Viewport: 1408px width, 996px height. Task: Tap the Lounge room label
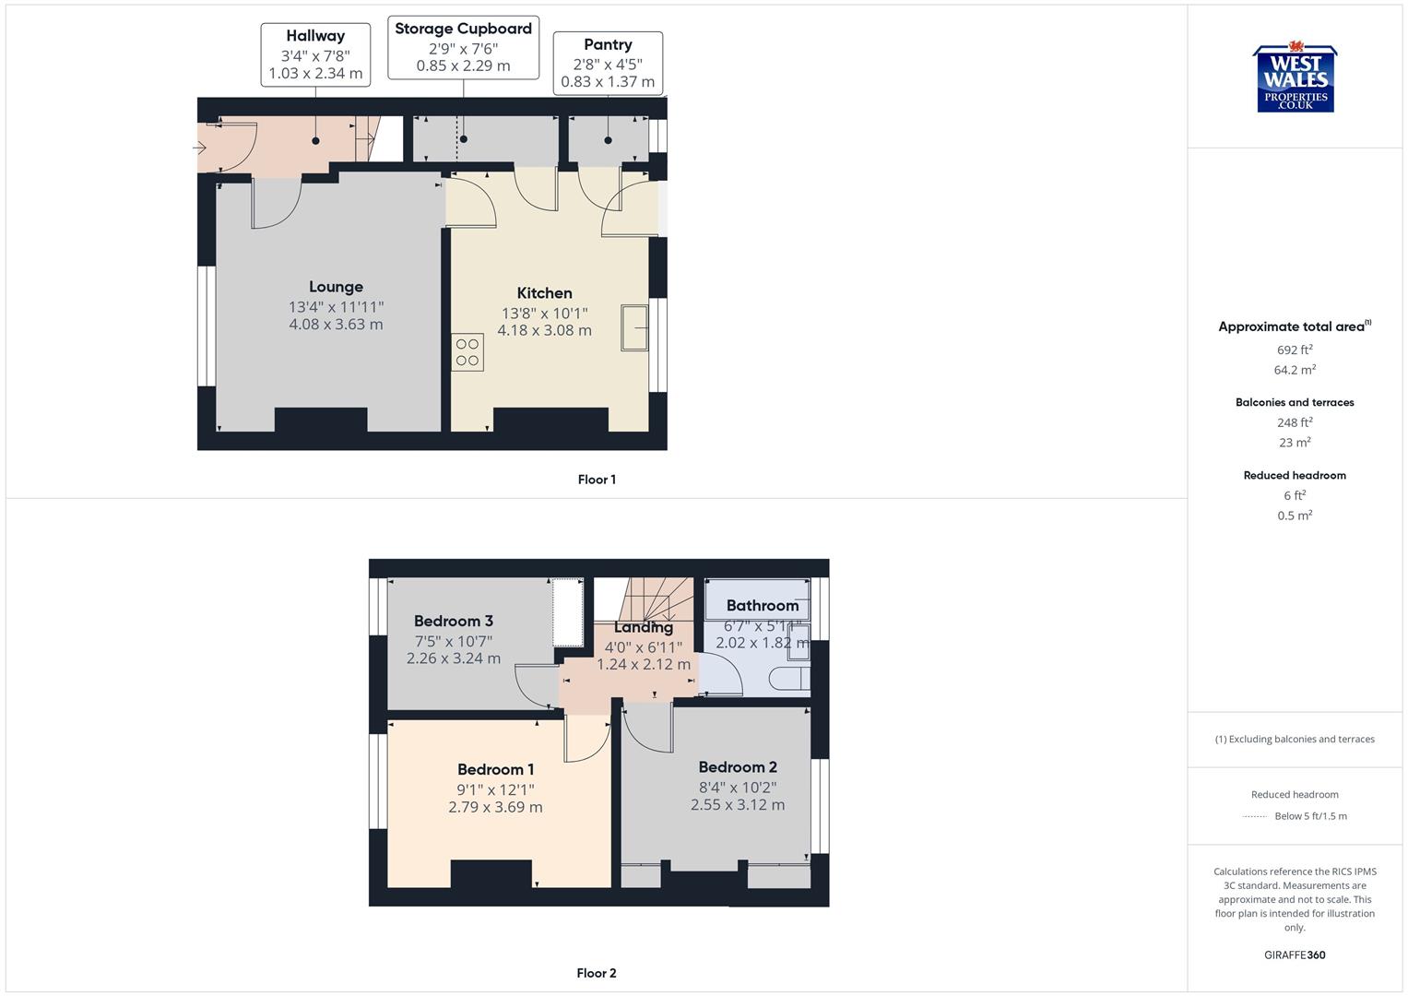pos(336,287)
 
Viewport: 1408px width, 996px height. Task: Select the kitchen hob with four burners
pos(467,352)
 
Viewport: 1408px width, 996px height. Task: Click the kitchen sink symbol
pos(634,327)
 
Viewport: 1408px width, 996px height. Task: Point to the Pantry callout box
pos(608,63)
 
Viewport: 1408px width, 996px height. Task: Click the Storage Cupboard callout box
pos(463,47)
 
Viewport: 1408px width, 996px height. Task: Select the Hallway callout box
pos(315,54)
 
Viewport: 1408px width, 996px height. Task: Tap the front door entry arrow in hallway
pos(202,148)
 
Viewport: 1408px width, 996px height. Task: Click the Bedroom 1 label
pos(495,769)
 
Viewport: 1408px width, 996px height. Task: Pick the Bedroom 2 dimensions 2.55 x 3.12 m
pos(738,804)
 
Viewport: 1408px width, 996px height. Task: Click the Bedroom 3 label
pos(453,621)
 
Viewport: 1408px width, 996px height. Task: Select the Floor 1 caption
pos(597,480)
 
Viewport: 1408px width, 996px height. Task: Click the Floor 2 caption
pos(597,973)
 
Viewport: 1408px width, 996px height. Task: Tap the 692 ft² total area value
pos(1295,350)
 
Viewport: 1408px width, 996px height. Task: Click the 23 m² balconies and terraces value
pos(1295,443)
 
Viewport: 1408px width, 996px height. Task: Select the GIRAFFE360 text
pos(1295,955)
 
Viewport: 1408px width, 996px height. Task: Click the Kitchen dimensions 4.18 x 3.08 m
pos(544,330)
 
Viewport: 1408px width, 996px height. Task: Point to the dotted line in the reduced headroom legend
pos(1255,816)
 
